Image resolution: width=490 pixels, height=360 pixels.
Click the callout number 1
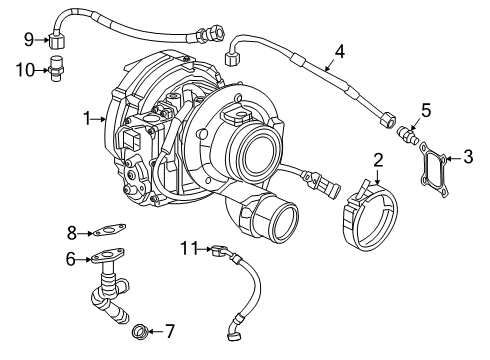click(89, 119)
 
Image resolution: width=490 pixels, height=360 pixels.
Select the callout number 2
click(378, 159)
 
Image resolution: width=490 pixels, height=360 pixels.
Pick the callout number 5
click(425, 112)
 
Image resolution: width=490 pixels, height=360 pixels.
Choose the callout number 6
click(71, 258)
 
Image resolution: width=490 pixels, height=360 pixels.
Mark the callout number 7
click(169, 329)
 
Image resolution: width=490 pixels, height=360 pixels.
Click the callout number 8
click(71, 233)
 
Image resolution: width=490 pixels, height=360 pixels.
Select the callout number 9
click(29, 40)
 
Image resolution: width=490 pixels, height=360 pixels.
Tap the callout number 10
click(29, 68)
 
